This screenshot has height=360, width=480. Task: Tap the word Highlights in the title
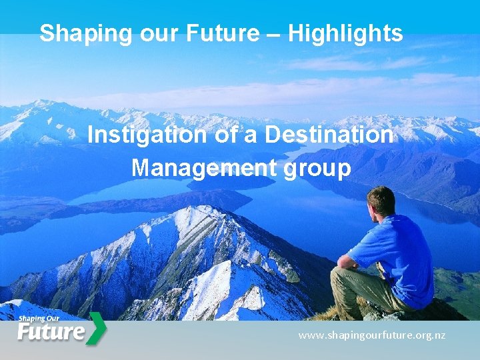[345, 33]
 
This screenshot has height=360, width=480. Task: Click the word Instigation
[147, 135]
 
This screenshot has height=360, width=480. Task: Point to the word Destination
[329, 135]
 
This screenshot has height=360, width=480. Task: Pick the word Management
[204, 168]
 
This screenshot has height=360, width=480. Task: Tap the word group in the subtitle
[317, 169]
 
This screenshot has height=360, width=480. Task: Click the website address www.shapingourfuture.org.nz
[371, 335]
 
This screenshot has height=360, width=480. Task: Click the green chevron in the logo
[97, 329]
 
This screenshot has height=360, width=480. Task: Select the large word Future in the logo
[51, 332]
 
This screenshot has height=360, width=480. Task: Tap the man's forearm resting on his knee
[347, 261]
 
